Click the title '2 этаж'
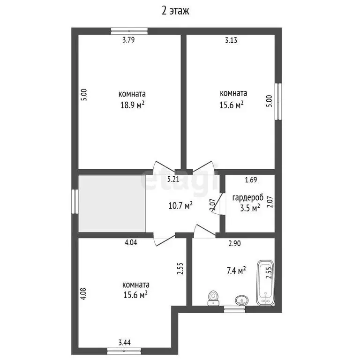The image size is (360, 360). [176, 10]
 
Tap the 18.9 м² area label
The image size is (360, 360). [132, 105]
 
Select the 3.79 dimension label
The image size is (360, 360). [128, 40]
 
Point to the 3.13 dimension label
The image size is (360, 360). [231, 40]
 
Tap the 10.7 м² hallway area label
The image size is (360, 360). [181, 205]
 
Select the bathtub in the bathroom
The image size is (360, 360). [266, 283]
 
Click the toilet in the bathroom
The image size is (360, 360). [214, 297]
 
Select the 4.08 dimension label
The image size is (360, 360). [83, 293]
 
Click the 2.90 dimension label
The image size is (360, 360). [235, 243]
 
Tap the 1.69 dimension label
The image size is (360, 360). [251, 179]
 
